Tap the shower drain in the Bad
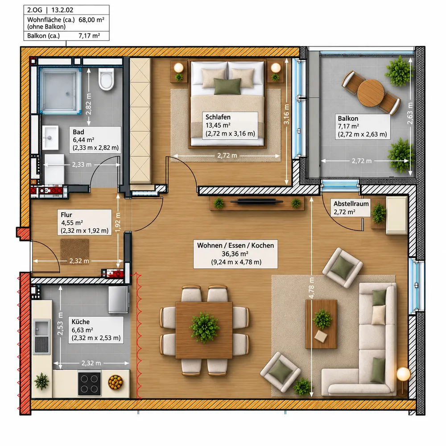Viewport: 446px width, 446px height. click(67, 93)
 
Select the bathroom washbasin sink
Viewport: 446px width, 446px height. click(50, 138)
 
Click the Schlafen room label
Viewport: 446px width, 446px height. click(218, 117)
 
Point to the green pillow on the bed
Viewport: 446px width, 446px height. click(227, 86)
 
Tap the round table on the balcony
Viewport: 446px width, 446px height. click(371, 93)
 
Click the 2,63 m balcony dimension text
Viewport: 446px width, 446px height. click(410, 113)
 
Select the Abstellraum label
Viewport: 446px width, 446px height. click(351, 204)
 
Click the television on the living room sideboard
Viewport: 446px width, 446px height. click(256, 202)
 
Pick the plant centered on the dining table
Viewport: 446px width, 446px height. click(204, 327)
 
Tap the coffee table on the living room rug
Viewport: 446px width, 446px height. click(322, 324)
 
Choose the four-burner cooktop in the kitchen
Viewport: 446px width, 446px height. click(90, 384)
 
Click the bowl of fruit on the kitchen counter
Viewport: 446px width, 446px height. click(116, 382)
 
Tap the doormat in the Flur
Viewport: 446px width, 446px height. click(74, 252)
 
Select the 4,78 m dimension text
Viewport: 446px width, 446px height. click(311, 288)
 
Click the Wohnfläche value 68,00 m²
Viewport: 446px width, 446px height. click(91, 20)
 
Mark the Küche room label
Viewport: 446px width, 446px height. click(80, 322)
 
